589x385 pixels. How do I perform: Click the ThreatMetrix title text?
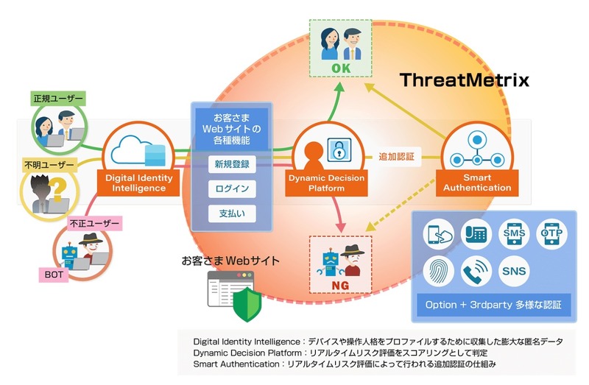tap(464, 80)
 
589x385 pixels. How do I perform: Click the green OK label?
tap(336, 69)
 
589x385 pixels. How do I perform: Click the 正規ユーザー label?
tap(58, 98)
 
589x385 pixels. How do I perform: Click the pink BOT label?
tap(52, 275)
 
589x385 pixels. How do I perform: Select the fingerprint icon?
tap(439, 272)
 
